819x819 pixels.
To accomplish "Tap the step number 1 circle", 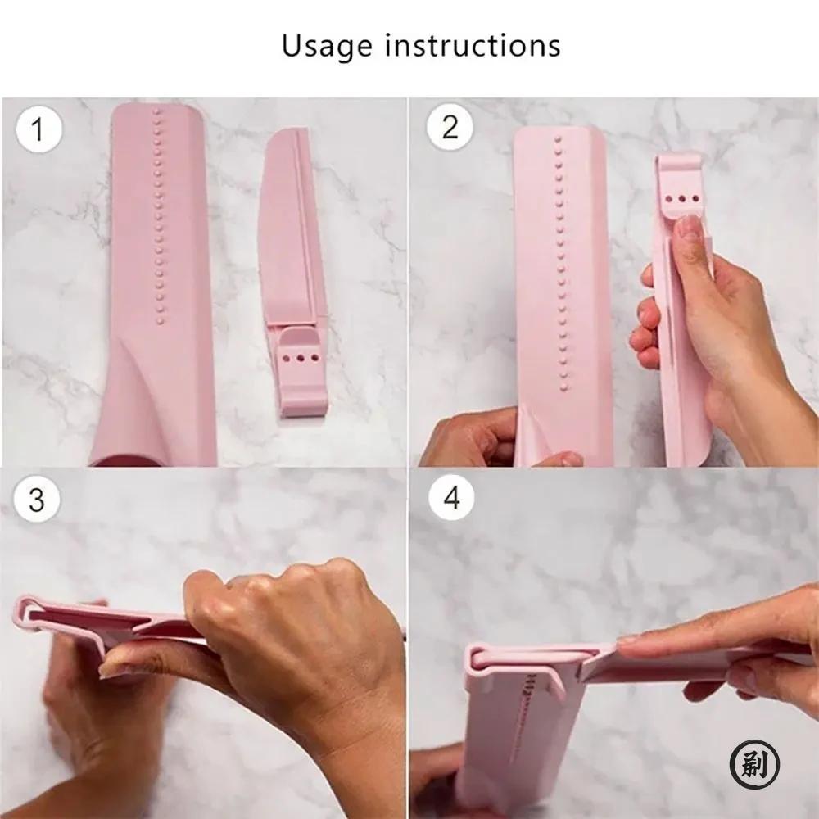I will coord(37,129).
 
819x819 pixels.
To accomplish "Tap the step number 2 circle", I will coord(450,127).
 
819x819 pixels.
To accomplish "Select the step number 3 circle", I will coord(37,500).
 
